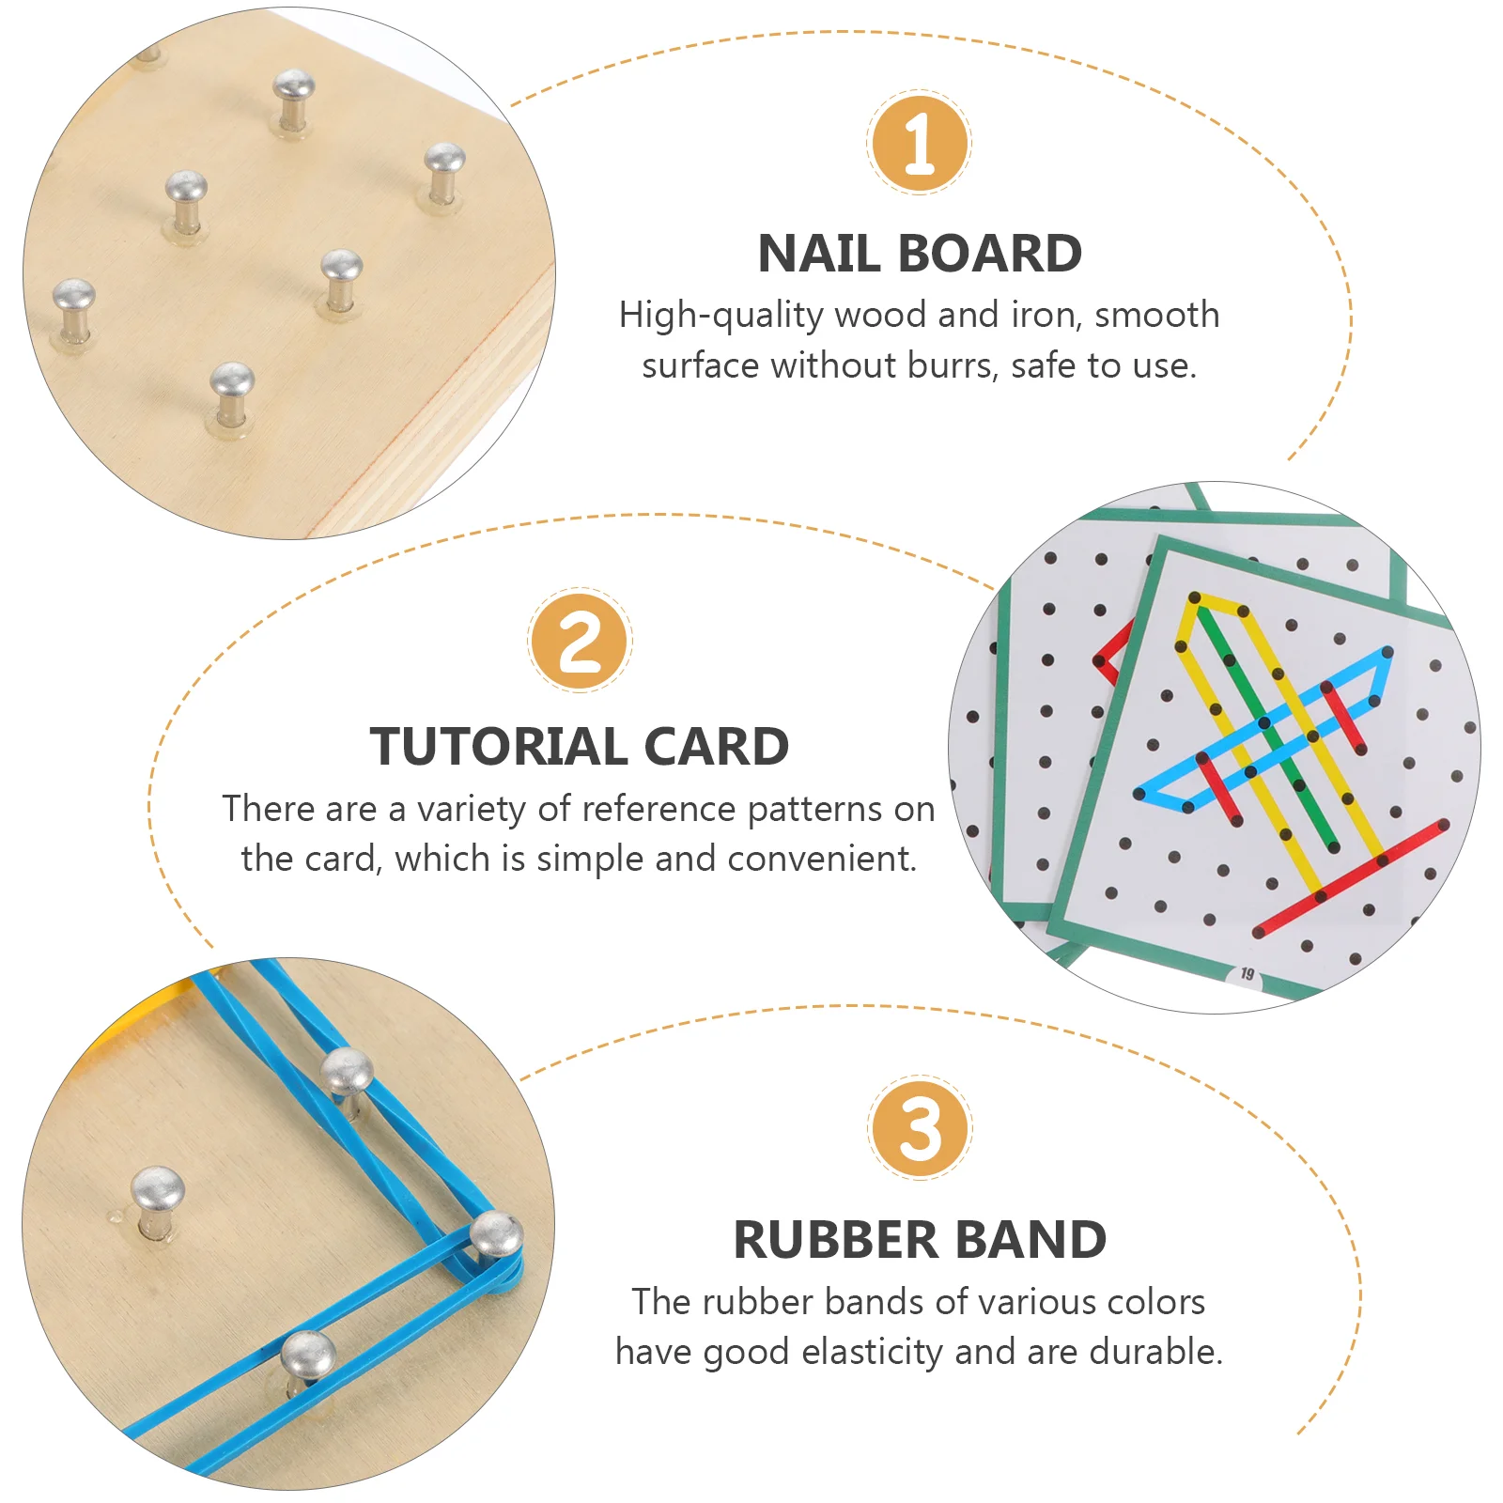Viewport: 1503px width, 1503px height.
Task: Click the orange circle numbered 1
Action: pos(919,143)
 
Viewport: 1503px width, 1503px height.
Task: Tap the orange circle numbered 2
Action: pos(580,641)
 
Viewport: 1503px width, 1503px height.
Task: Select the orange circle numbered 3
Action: pos(920,1128)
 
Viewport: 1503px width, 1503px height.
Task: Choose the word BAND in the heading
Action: pos(1031,1240)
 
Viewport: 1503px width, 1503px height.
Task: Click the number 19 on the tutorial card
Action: pos(1247,973)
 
